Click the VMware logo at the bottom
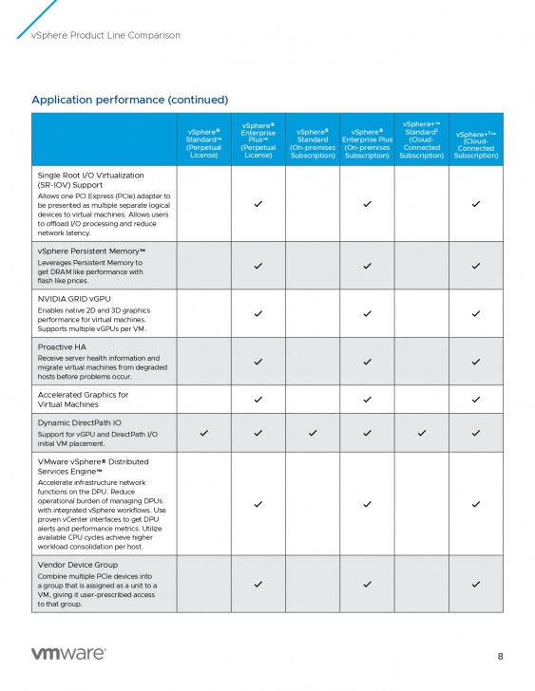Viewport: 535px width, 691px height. [x=68, y=654]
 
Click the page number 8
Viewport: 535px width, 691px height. [x=501, y=656]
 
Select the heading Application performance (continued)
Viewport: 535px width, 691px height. [x=129, y=100]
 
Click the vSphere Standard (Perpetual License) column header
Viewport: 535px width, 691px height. [x=203, y=141]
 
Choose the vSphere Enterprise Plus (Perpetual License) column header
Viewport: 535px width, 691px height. [x=258, y=140]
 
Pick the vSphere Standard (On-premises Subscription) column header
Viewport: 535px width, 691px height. [x=312, y=141]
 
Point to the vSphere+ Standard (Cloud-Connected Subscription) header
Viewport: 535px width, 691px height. [x=421, y=140]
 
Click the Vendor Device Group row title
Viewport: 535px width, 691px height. [x=79, y=565]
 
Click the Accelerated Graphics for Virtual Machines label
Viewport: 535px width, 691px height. [x=83, y=399]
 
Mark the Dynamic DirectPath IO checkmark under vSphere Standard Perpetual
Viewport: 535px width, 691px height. [x=203, y=433]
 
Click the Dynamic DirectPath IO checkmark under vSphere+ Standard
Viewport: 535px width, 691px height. [x=421, y=433]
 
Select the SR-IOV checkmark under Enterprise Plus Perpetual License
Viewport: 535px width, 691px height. [x=258, y=204]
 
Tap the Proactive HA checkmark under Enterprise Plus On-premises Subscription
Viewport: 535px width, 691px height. [x=367, y=362]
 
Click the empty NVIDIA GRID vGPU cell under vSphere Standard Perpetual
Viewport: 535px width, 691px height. [x=203, y=313]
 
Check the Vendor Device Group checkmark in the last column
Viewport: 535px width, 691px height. [x=475, y=584]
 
